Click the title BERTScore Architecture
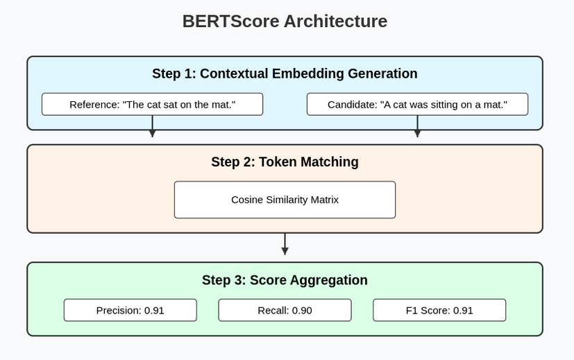[x=285, y=22]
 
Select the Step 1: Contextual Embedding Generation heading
[x=285, y=74]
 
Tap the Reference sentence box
[x=152, y=104]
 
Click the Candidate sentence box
[x=417, y=104]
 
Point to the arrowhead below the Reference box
[x=152, y=133]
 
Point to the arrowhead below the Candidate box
[x=417, y=133]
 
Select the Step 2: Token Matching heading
[x=285, y=162]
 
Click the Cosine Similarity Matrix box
[x=285, y=200]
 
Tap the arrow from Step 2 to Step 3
[x=285, y=244]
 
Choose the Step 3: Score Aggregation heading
[x=285, y=280]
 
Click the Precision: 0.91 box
[x=130, y=310]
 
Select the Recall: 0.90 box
[x=285, y=310]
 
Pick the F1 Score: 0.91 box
[x=439, y=310]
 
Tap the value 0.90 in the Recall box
[x=301, y=310]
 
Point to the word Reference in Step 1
[x=94, y=105]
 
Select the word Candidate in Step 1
[x=353, y=105]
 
